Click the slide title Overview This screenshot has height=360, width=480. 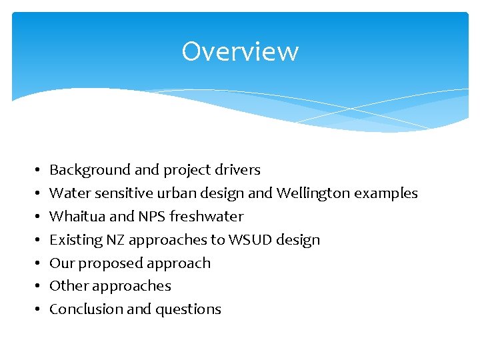tap(240, 51)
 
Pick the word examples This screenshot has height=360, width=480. tap(386, 193)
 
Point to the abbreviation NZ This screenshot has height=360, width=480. tap(114, 240)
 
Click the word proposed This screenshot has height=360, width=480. tap(106, 263)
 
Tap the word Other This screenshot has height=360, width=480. tap(67, 286)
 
